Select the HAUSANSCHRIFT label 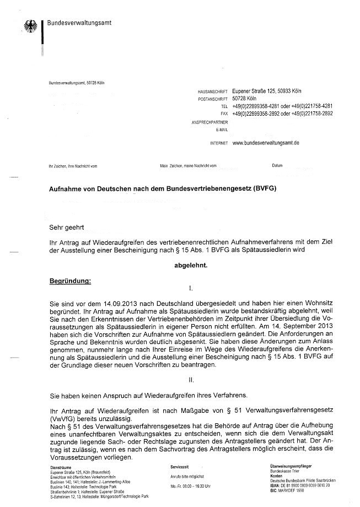click(x=212, y=91)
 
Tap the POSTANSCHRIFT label click(x=212, y=99)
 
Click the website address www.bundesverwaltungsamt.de click(x=266, y=143)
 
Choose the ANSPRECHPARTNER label click(x=209, y=122)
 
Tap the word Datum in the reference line click(x=277, y=165)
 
